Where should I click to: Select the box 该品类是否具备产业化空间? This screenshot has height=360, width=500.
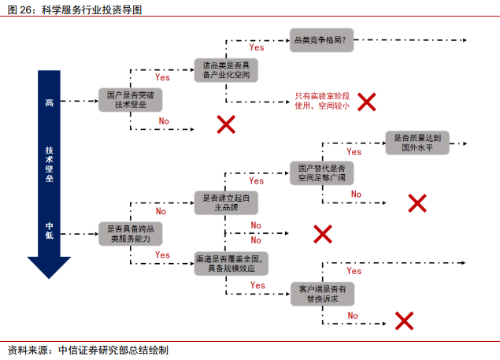[x=226, y=69]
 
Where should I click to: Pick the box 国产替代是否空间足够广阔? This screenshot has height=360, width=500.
[x=322, y=173]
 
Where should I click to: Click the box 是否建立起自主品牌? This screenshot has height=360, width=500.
[x=226, y=202]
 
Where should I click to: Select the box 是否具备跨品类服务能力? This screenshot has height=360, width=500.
[x=129, y=232]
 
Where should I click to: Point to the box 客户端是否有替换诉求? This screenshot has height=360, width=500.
[x=323, y=293]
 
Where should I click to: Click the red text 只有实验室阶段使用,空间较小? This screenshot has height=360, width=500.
[x=322, y=100]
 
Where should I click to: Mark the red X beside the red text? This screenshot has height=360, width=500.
[x=367, y=101]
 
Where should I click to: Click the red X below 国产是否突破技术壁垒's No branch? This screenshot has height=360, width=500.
[x=227, y=124]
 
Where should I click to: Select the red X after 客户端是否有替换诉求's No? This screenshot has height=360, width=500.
[x=404, y=320]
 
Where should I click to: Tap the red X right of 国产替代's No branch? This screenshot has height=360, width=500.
[x=417, y=202]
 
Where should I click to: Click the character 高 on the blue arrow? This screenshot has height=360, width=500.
[x=49, y=102]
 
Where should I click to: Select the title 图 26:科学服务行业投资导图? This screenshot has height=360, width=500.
[x=76, y=9]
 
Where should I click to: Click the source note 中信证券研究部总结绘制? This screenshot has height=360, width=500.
[x=113, y=349]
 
